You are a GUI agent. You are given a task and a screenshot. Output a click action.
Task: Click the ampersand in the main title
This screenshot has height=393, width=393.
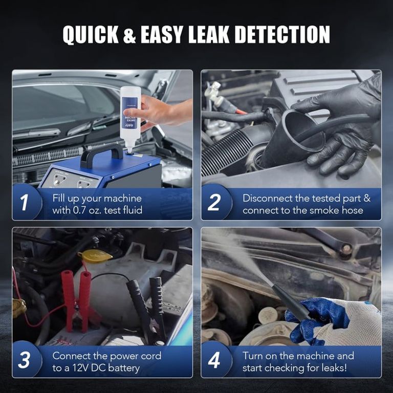129,35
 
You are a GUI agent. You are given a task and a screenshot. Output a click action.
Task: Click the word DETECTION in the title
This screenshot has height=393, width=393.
282,35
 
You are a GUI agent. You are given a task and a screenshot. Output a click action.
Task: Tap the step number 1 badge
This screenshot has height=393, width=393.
25,202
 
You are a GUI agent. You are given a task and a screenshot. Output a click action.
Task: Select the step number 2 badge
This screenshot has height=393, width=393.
214,202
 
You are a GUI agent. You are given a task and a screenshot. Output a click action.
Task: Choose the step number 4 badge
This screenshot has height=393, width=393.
214,360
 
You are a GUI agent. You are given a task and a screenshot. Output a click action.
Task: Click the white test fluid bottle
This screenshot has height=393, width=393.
130,118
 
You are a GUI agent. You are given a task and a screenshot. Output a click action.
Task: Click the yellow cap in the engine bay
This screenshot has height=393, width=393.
95,256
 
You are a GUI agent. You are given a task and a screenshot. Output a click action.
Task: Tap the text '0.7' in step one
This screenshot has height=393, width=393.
79,210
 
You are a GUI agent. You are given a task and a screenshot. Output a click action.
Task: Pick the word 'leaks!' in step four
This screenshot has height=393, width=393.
334,368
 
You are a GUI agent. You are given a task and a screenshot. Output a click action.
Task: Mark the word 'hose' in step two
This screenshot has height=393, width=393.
352,210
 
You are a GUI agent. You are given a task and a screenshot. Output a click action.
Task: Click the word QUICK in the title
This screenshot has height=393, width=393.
91,35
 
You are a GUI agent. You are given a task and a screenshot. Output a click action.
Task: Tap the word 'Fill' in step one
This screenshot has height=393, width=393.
58,198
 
